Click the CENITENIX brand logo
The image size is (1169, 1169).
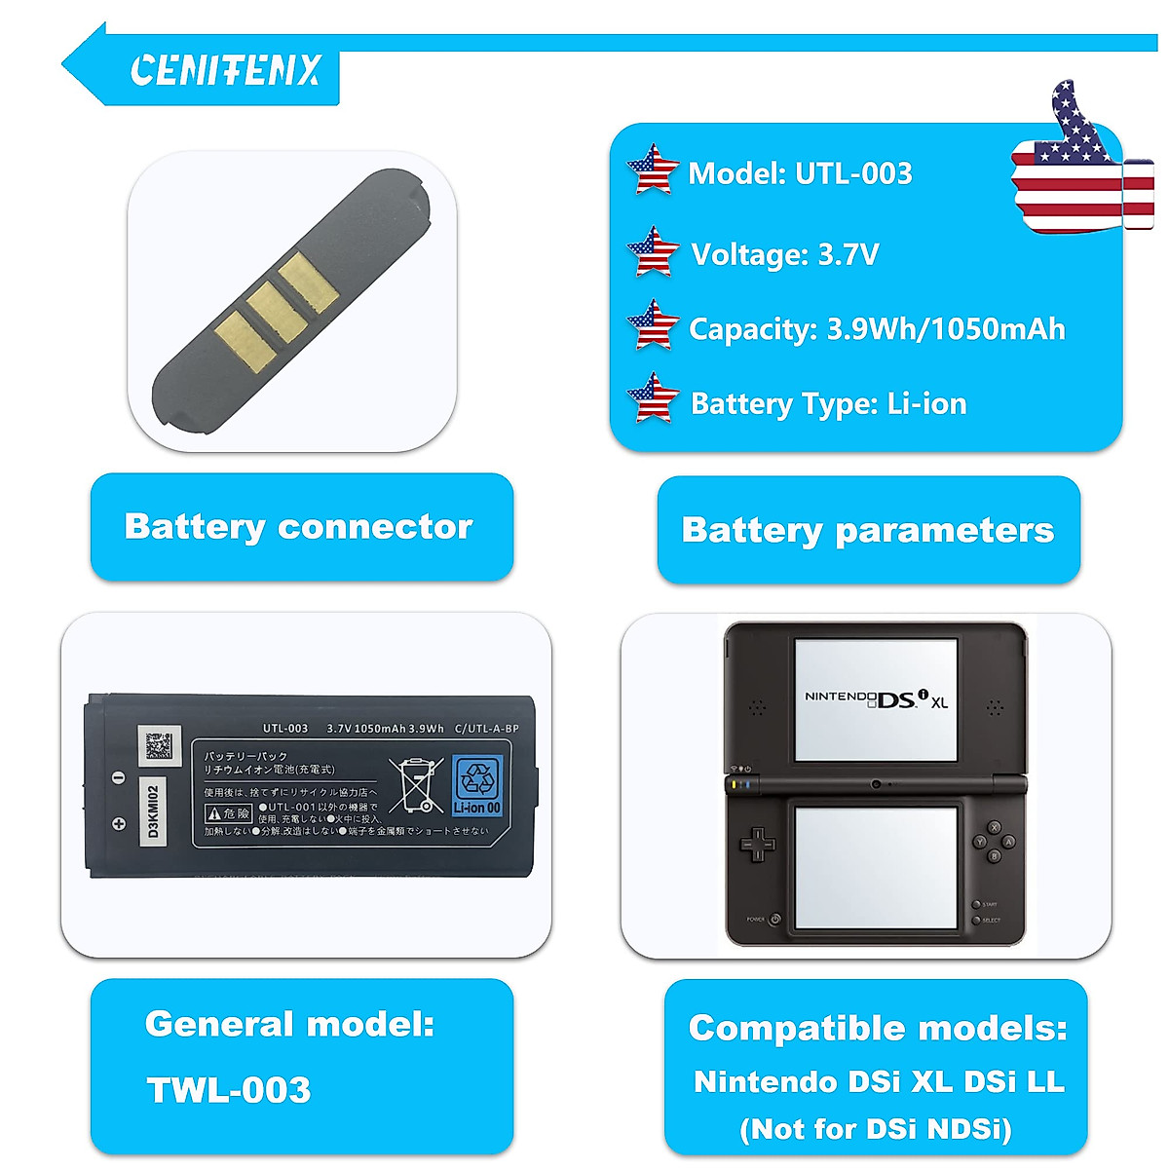(225, 70)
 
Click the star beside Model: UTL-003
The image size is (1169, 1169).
(653, 171)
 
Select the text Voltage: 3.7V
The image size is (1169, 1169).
(784, 255)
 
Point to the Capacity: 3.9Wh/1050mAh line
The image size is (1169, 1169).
(877, 329)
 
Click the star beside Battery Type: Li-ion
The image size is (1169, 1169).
(653, 399)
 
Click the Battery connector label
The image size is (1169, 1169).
(298, 527)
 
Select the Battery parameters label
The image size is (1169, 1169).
(867, 531)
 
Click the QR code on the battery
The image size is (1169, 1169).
(159, 745)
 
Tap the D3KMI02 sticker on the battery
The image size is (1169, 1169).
(152, 808)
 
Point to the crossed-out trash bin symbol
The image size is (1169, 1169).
(417, 785)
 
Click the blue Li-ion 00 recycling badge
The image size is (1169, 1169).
(477, 785)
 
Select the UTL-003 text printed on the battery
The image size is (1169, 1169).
(284, 729)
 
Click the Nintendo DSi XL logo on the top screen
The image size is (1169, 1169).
(876, 698)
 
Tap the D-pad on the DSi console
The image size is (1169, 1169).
(758, 844)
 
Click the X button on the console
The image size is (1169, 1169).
(995, 827)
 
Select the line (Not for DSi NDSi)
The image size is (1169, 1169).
(876, 1129)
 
